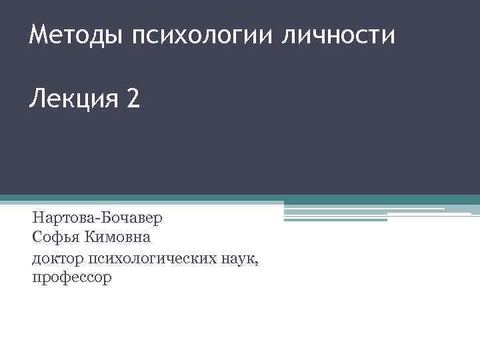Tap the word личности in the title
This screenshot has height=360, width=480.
click(x=338, y=35)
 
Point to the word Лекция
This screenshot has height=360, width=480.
click(x=72, y=101)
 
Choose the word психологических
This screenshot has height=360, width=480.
click(x=158, y=258)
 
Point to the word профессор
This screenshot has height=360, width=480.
click(x=72, y=277)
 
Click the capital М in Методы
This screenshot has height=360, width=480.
click(x=39, y=34)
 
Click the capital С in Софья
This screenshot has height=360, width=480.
click(x=37, y=237)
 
